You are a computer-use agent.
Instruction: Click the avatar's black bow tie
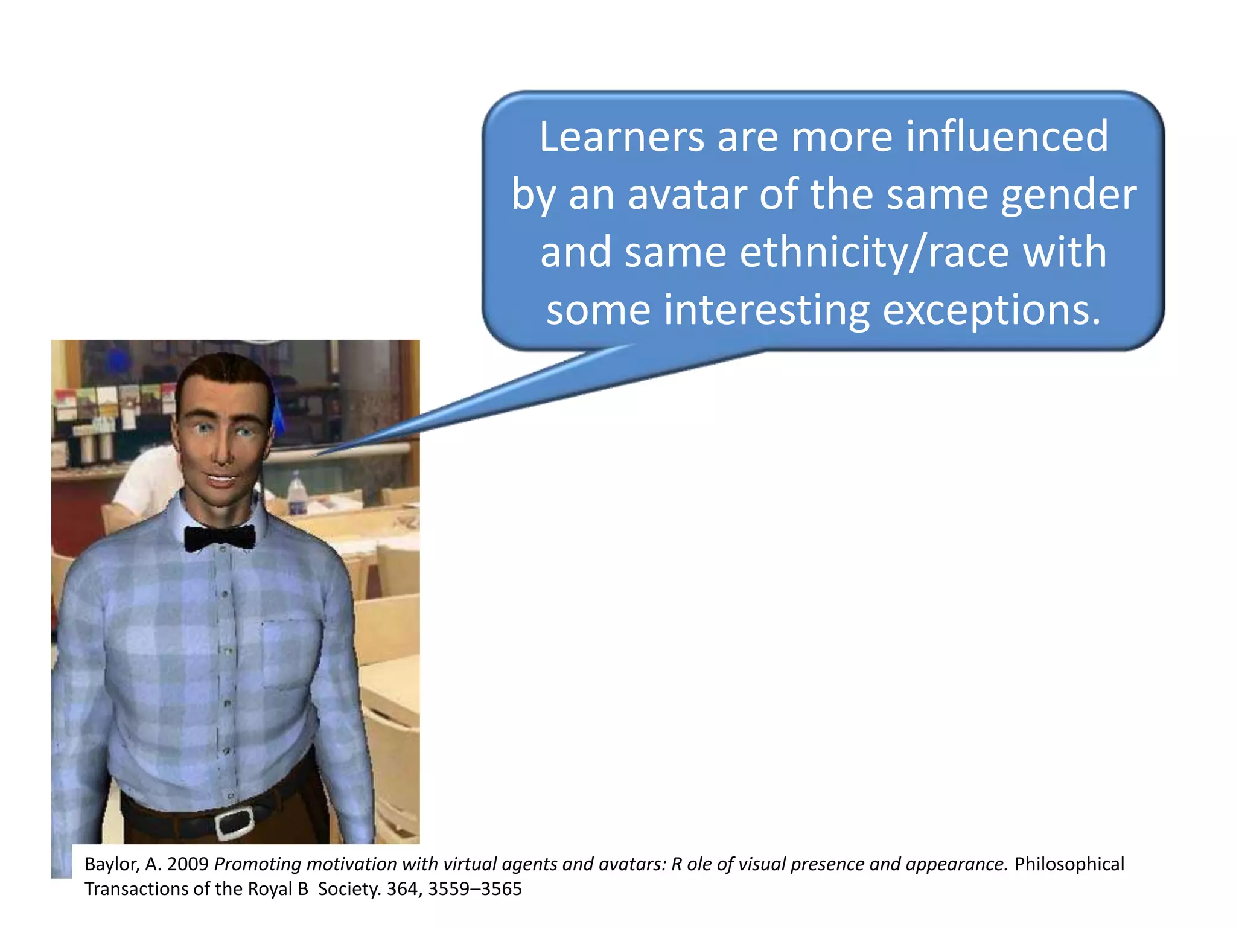(220, 538)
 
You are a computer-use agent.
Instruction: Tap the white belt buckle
(234, 823)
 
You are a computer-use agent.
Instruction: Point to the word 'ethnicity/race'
(874, 252)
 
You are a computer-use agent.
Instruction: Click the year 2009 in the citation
(188, 864)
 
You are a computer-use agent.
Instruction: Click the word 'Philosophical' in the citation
(1069, 864)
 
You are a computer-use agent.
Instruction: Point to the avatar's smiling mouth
(221, 480)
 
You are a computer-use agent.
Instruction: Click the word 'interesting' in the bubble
(766, 310)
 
